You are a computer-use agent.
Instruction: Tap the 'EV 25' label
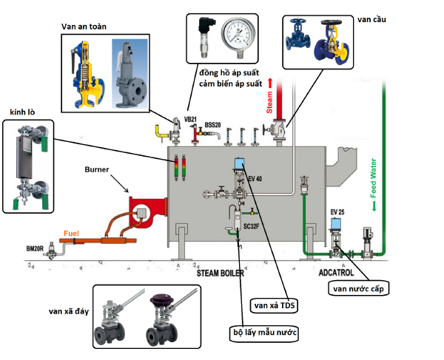point(338,212)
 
